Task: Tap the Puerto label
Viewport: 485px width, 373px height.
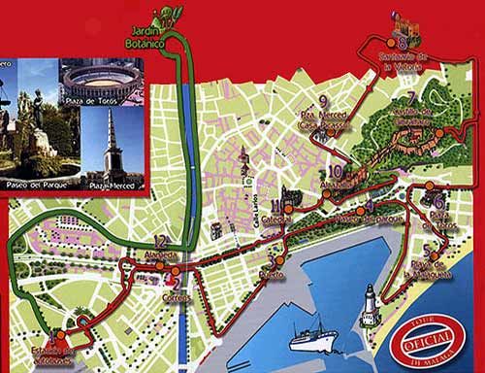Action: coord(274,274)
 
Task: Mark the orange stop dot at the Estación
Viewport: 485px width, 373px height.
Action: coord(66,327)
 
